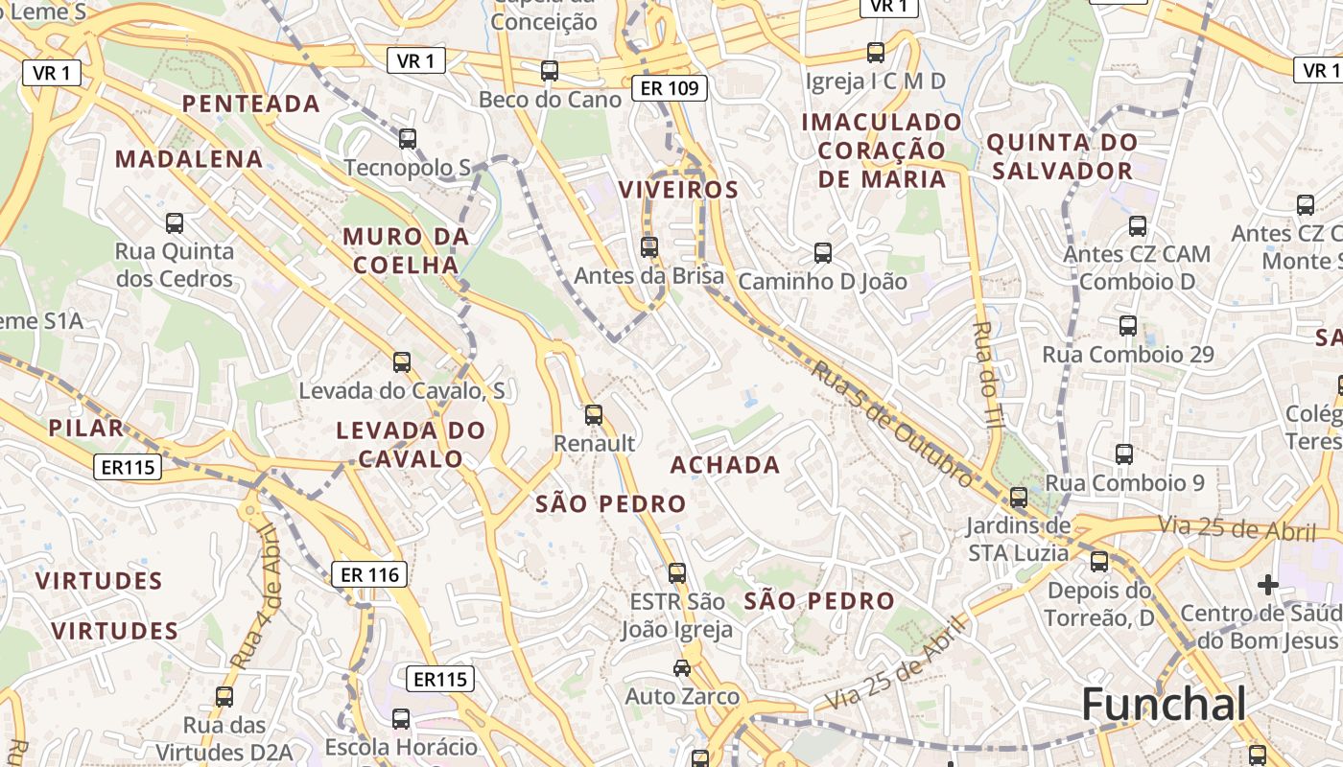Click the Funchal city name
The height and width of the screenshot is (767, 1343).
(1164, 705)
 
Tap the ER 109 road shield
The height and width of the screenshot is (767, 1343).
(669, 89)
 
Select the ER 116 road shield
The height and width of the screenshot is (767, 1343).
(369, 574)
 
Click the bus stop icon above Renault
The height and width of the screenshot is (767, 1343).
(594, 415)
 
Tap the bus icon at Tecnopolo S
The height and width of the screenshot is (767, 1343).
(408, 139)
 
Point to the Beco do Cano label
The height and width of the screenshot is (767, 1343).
(550, 99)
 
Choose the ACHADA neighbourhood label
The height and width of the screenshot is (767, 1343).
(724, 465)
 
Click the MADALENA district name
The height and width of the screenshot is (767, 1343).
(189, 159)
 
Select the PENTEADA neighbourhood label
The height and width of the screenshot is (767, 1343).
(251, 104)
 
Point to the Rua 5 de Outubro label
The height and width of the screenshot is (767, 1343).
(892, 422)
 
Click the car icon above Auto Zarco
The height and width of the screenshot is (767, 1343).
(682, 668)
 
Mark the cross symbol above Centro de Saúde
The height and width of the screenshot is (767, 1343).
(1268, 584)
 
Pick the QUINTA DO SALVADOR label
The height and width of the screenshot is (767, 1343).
(1062, 157)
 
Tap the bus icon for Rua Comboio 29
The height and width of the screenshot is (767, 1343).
(1128, 326)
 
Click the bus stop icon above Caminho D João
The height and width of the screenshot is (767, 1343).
(822, 253)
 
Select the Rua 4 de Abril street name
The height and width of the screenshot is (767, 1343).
(254, 595)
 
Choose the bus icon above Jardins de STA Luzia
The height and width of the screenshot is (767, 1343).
(1019, 498)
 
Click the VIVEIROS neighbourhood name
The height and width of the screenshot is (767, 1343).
(678, 190)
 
